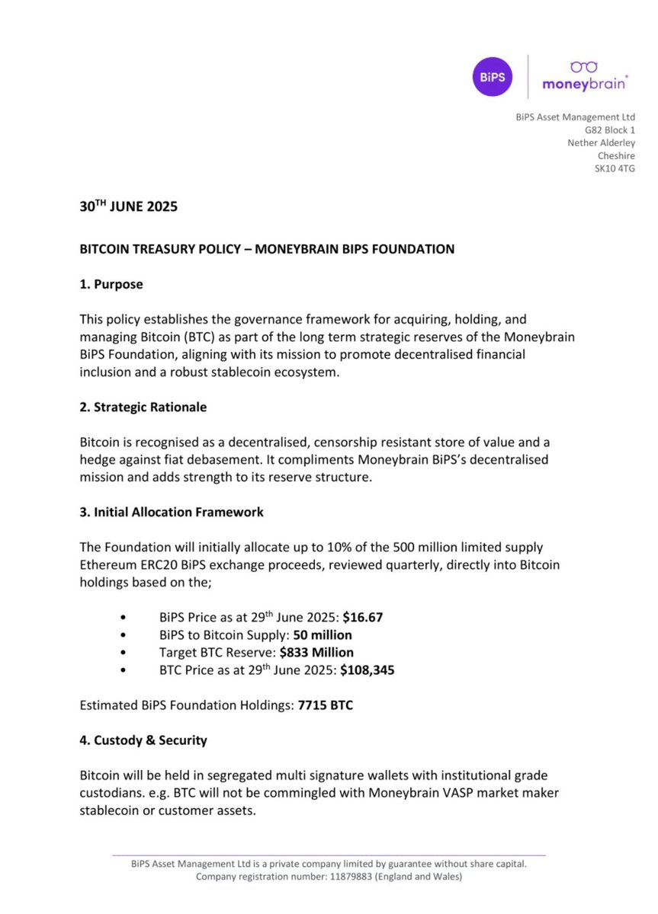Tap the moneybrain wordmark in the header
(585, 85)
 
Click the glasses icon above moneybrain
(585, 68)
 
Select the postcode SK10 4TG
(615, 168)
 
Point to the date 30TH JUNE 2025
(129, 206)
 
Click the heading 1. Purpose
(111, 284)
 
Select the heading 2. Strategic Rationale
(143, 407)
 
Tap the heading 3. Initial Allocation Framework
(172, 512)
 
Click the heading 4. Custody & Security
(143, 740)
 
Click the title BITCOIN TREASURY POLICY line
(267, 249)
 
